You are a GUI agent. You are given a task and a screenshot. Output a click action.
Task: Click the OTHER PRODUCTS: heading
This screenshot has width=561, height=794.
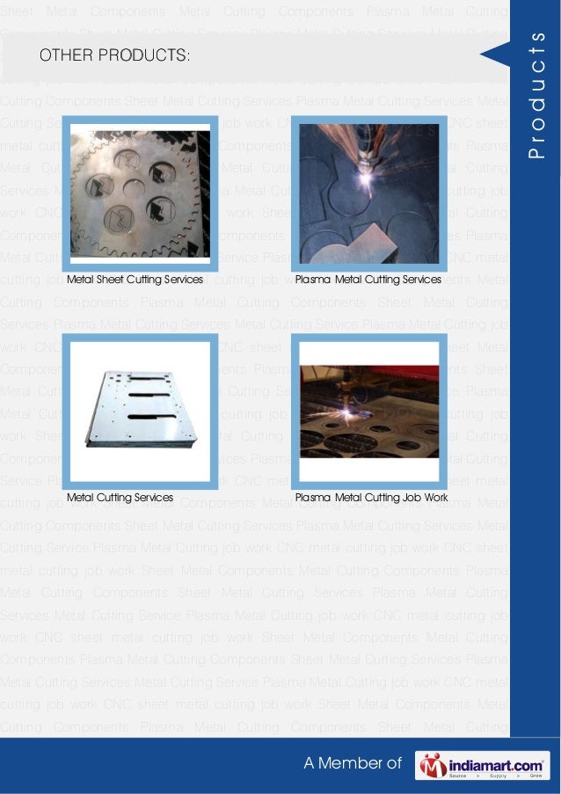(x=113, y=56)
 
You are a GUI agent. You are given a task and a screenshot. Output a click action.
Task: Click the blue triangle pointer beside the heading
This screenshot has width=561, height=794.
(x=495, y=55)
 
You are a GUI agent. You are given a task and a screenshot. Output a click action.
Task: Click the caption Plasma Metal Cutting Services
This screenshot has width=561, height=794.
(x=368, y=280)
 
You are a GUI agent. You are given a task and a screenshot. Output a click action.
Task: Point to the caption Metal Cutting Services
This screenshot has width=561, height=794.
(x=120, y=498)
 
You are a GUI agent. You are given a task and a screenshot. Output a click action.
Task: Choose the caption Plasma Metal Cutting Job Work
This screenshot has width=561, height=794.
(x=371, y=498)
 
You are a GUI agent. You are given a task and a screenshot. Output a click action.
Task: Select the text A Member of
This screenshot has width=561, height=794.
(x=352, y=764)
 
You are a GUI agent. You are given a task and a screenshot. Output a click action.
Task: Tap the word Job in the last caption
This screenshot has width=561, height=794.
(x=412, y=498)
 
